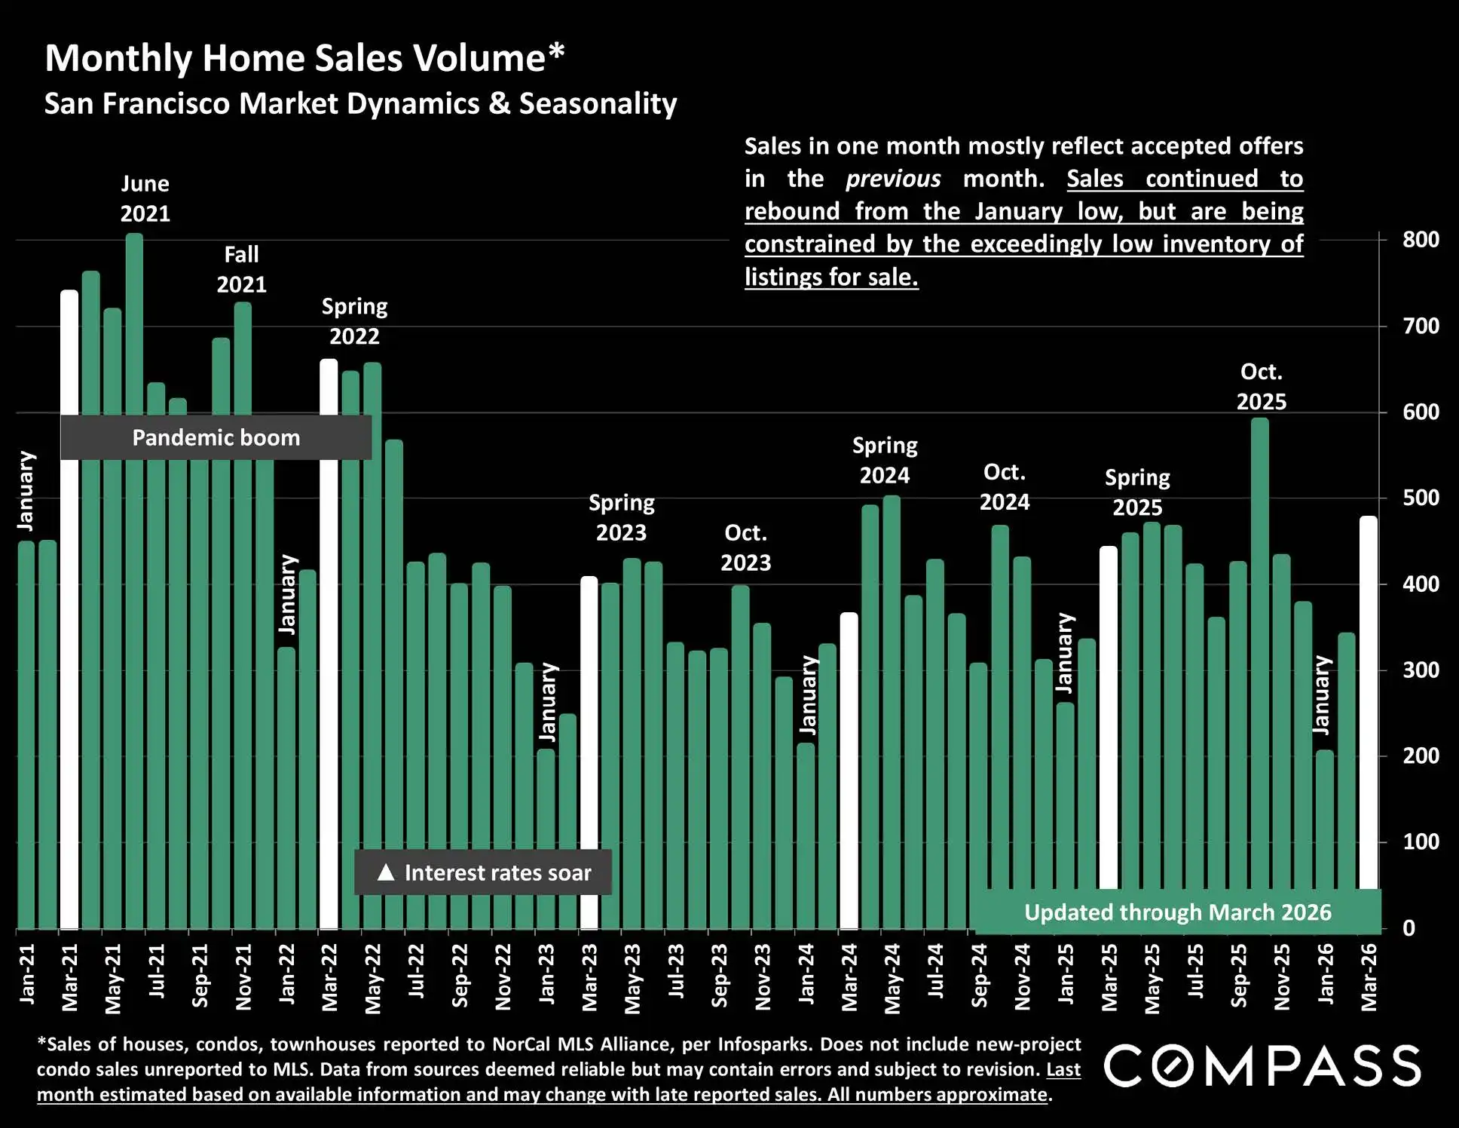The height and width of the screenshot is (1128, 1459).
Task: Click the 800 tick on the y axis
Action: (1421, 240)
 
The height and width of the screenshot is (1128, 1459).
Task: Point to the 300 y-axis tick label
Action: (1421, 670)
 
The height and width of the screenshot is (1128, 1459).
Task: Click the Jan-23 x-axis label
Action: (547, 974)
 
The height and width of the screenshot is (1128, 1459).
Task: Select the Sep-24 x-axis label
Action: (979, 975)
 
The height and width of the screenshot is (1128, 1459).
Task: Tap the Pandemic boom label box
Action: (216, 437)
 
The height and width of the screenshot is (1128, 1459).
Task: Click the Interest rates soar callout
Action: (483, 872)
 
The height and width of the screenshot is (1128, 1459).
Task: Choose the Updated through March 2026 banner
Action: (1177, 912)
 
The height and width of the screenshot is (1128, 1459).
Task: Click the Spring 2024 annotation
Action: (885, 461)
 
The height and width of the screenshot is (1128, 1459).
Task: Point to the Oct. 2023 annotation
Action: (745, 548)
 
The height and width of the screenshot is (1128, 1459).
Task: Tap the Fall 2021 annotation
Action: (241, 269)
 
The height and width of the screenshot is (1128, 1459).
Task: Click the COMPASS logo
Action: (1262, 1066)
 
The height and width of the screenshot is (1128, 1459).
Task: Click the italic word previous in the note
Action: (892, 179)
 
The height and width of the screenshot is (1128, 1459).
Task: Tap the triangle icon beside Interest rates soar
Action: (386, 872)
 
